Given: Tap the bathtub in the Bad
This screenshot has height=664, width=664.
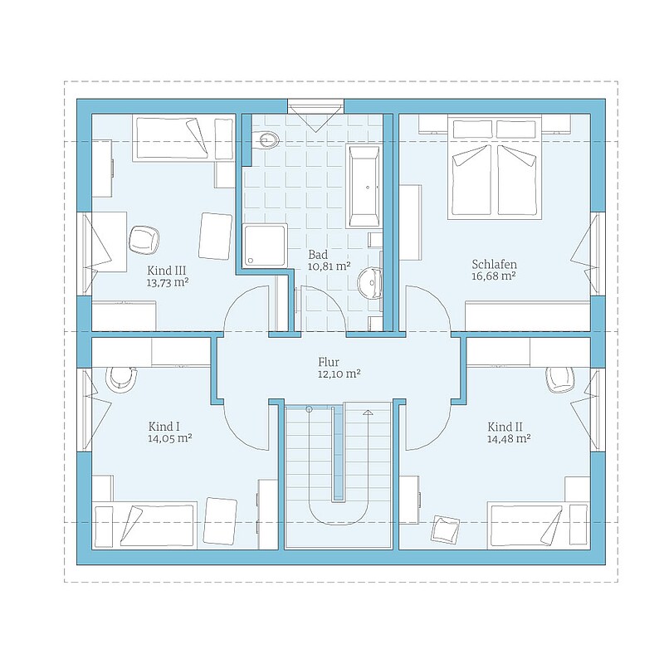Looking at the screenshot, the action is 364,186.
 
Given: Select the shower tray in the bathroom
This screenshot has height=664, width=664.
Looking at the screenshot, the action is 265,245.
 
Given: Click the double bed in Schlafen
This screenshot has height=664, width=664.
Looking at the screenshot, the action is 495,168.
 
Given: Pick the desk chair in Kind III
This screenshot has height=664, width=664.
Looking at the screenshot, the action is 144,240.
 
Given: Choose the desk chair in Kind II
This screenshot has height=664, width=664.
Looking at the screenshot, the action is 560,379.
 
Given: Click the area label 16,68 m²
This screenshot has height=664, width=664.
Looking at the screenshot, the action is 493,276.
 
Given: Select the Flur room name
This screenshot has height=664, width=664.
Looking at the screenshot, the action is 329,362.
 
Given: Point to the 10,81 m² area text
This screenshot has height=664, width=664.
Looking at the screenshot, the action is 329,266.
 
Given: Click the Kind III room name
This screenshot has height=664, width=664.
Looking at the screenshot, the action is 167,271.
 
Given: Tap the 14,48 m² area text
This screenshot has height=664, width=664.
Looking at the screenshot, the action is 509,439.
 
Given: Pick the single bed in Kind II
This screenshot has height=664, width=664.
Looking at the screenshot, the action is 539,525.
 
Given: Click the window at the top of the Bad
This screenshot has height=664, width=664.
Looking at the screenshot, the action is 315,106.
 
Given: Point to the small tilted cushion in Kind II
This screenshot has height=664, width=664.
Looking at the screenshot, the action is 445,529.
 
